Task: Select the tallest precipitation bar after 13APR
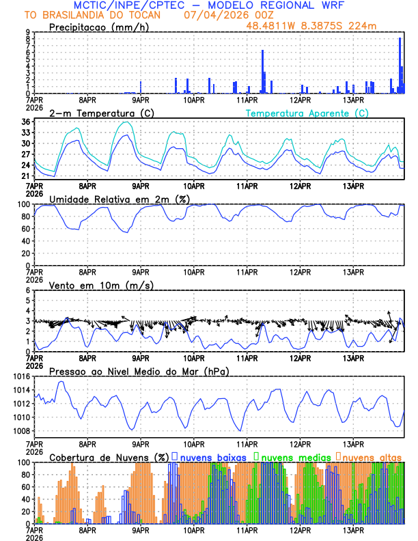[400, 65]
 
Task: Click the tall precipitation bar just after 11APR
[262, 71]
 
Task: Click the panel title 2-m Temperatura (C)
[100, 113]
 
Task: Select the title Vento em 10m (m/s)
[101, 285]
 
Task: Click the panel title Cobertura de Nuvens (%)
[109, 457]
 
